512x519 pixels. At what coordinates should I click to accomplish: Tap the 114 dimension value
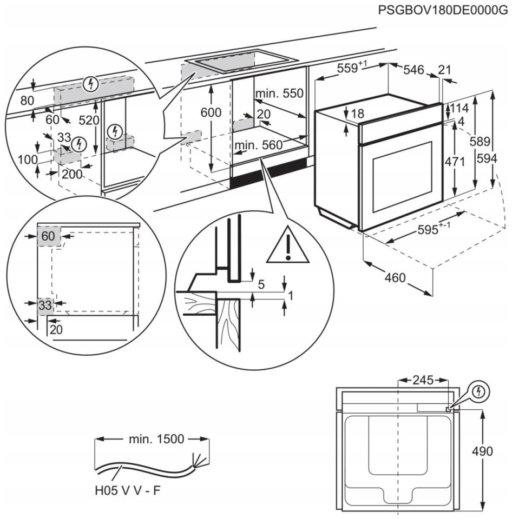coord(458,108)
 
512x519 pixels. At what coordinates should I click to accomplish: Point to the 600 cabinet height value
coord(211,112)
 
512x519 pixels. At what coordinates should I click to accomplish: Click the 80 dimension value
coord(27,101)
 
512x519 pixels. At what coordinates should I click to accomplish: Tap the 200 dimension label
coord(72,174)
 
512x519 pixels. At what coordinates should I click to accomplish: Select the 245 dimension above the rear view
coord(423,380)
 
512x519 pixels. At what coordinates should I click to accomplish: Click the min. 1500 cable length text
coord(156,439)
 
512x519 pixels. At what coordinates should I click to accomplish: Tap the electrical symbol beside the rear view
coord(478,392)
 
